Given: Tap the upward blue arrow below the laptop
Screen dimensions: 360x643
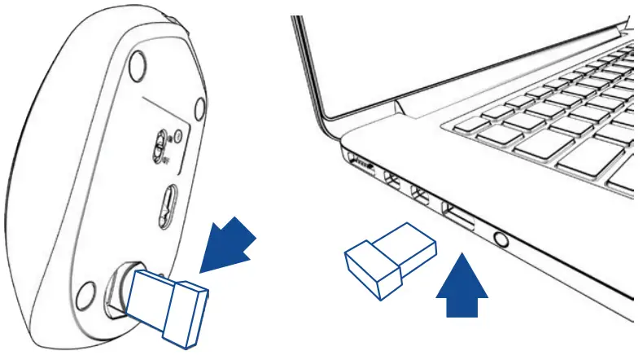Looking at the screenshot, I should pyautogui.click(x=463, y=290).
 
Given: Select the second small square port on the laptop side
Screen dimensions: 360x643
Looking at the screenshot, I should pyautogui.click(x=420, y=195).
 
